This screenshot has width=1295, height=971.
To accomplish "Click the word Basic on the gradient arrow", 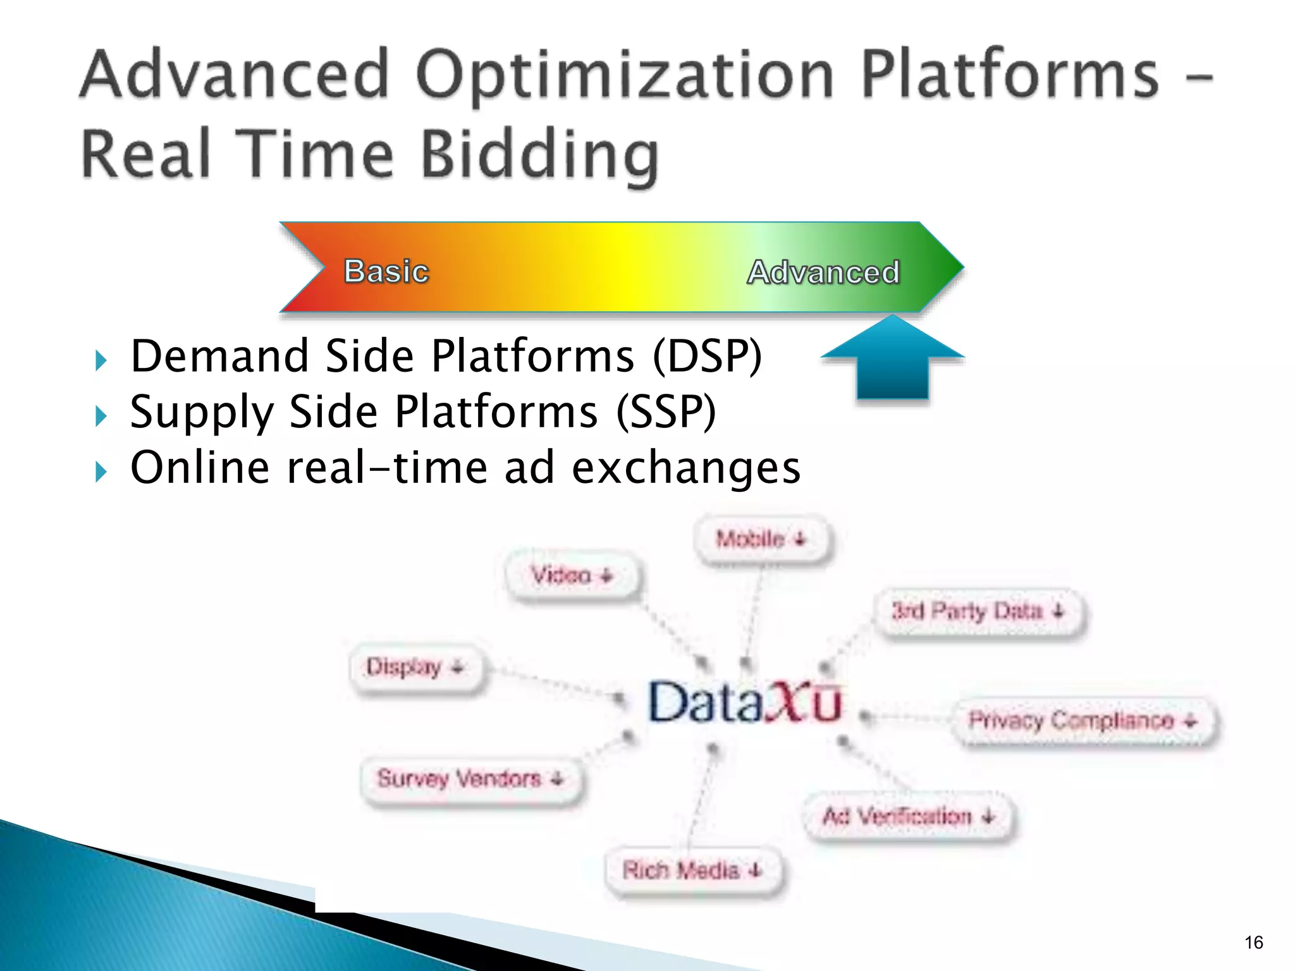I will pyautogui.click(x=386, y=271).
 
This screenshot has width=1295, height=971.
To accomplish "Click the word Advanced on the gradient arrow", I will pyautogui.click(x=823, y=272).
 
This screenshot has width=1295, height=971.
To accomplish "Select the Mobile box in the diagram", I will pyautogui.click(x=762, y=539).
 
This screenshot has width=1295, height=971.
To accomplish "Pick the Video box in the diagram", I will pyautogui.click(x=572, y=575).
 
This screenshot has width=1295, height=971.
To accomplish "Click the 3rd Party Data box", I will pyautogui.click(x=979, y=611).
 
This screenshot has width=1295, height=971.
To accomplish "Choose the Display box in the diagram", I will pyautogui.click(x=416, y=667).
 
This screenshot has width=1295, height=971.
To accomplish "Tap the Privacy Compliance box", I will pyautogui.click(x=1084, y=720).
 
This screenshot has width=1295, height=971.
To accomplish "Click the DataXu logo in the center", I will pyautogui.click(x=744, y=702).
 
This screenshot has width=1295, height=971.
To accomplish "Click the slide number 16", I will pyautogui.click(x=1253, y=943).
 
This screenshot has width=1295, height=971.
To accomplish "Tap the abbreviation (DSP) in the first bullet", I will pyautogui.click(x=707, y=356).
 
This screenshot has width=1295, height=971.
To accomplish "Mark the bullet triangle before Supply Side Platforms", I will pyautogui.click(x=101, y=416).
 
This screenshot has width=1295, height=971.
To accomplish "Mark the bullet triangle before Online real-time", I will pyautogui.click(x=101, y=472).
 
